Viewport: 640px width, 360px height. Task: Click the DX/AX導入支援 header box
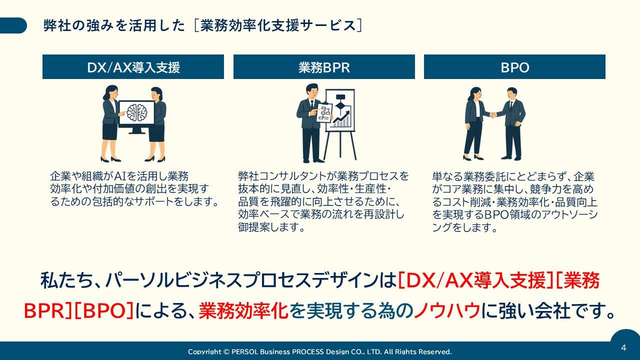pos(133,67)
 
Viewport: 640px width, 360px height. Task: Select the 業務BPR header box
pos(324,67)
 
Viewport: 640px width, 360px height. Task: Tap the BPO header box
pos(514,67)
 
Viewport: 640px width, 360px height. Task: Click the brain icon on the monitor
pos(136,112)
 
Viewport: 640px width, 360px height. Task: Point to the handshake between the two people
pos(493,115)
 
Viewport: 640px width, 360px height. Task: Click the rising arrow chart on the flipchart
pos(342,119)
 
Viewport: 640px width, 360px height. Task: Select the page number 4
pos(623,347)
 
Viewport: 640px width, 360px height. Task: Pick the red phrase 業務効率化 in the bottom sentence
pos(243,311)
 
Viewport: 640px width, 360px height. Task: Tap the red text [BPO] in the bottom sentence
pos(104,311)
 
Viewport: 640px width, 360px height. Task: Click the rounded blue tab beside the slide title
pos(13,25)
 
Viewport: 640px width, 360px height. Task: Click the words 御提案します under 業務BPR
pos(271,227)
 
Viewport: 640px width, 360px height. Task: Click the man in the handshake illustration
pos(512,122)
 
